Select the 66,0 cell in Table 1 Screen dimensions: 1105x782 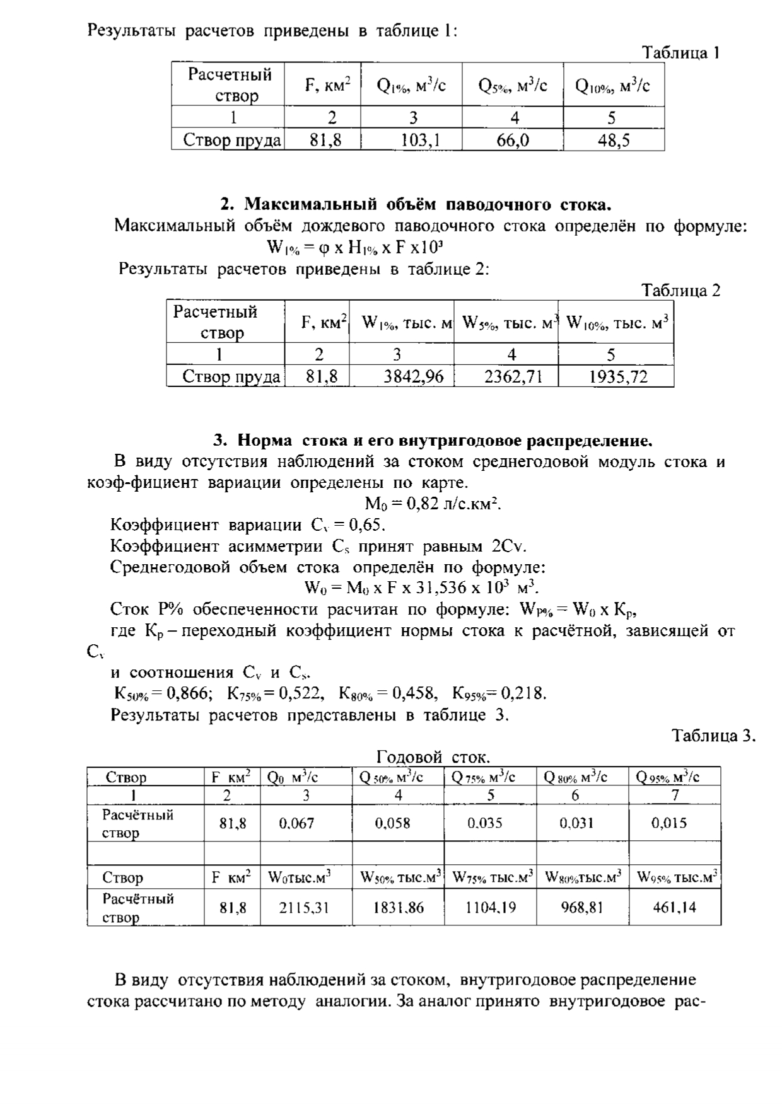coord(513,140)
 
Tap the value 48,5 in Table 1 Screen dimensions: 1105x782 coord(614,140)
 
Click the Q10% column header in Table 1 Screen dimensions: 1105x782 coord(612,84)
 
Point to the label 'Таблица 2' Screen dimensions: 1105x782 coord(680,290)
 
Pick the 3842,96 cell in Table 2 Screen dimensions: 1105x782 coord(414,377)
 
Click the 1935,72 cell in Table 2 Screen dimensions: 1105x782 coord(618,377)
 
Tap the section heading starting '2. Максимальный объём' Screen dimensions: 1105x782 coord(416,204)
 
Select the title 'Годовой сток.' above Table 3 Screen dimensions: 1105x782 coord(433,756)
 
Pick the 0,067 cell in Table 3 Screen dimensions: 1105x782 coord(296,823)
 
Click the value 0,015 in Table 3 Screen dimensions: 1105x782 coord(669,823)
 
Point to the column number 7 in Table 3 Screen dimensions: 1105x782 coord(675,795)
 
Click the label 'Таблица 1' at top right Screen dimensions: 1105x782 coord(680,53)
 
